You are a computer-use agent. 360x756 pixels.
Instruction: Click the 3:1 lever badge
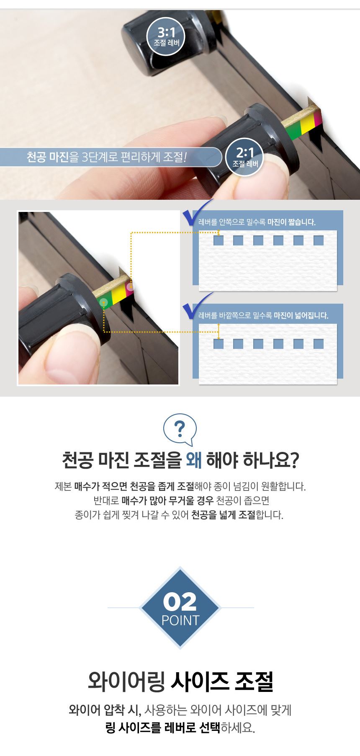click(166, 36)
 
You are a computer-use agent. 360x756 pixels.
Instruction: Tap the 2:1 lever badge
click(244, 157)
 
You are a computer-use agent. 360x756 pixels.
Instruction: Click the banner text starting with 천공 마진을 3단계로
click(106, 157)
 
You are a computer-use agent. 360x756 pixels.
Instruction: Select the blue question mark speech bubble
click(180, 430)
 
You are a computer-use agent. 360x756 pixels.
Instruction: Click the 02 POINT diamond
click(180, 608)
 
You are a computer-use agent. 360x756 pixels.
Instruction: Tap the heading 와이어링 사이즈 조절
click(180, 681)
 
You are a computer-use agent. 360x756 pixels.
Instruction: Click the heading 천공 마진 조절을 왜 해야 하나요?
click(180, 460)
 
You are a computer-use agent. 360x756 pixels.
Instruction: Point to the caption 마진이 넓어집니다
click(301, 315)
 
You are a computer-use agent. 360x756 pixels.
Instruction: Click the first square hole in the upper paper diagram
click(219, 240)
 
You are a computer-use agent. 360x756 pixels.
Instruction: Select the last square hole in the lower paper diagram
click(319, 344)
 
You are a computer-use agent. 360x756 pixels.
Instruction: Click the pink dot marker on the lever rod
click(130, 286)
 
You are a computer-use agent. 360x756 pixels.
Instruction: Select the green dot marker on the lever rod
click(104, 302)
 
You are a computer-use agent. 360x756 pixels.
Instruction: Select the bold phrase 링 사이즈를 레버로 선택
click(163, 728)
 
